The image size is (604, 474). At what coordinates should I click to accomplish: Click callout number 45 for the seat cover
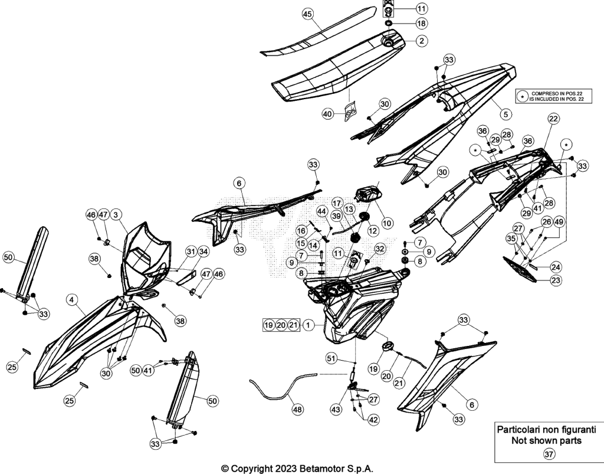[x=307, y=14]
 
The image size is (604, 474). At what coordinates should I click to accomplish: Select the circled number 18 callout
[x=422, y=24]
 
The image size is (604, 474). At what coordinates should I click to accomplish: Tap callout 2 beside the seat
[x=422, y=41]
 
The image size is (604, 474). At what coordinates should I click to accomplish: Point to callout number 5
[x=505, y=114]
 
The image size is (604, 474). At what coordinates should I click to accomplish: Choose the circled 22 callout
[x=553, y=119]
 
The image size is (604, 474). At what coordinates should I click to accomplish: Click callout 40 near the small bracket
[x=327, y=114]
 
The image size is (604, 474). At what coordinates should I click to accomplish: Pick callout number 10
[x=387, y=223]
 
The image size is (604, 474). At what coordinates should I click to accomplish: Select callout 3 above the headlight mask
[x=116, y=215]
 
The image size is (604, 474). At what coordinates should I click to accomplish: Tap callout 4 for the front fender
[x=72, y=299]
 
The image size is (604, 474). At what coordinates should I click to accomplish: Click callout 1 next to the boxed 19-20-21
[x=308, y=325]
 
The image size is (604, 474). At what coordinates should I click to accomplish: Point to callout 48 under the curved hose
[x=297, y=409]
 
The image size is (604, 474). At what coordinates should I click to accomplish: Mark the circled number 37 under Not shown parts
[x=549, y=455]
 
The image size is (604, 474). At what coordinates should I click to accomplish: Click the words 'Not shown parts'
[x=547, y=440]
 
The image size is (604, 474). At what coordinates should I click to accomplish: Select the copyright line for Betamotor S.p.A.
[x=297, y=469]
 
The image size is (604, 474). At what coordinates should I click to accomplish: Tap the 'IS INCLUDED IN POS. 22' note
[x=557, y=99]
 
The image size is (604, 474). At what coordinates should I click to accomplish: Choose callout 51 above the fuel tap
[x=331, y=358]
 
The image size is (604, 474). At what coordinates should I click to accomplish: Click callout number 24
[x=556, y=267]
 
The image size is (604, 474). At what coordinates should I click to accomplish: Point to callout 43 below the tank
[x=336, y=409]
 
